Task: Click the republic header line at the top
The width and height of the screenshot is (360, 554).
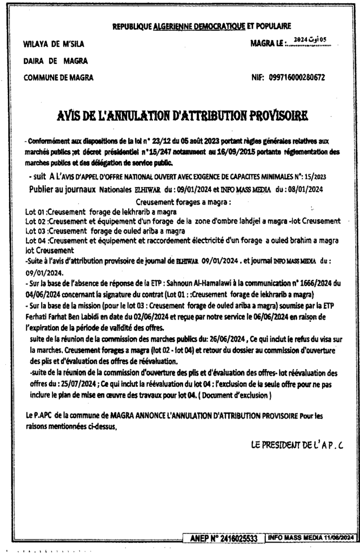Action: tap(202, 25)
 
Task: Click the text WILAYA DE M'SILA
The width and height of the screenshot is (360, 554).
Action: tap(53, 44)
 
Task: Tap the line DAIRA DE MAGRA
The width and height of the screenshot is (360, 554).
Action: tap(48, 61)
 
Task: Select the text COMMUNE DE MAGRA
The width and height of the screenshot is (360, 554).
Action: tap(58, 77)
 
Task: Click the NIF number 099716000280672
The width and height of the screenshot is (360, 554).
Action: tap(296, 77)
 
